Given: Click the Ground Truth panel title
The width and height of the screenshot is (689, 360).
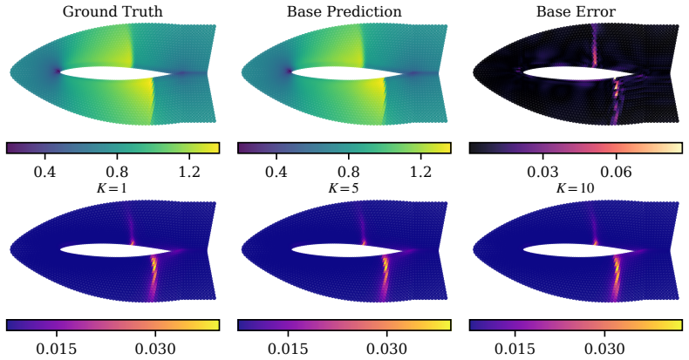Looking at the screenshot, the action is click(113, 11).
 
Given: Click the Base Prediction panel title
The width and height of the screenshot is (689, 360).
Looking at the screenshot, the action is click(344, 11).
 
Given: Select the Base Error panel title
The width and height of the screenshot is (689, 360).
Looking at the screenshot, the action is click(576, 11).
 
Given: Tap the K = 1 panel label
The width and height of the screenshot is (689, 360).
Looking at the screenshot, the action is click(112, 188).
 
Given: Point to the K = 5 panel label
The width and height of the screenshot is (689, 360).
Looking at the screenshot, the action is click(344, 188).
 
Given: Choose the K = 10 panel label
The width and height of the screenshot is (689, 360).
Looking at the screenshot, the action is click(576, 188).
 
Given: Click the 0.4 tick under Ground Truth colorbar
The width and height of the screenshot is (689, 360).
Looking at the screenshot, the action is click(44, 171).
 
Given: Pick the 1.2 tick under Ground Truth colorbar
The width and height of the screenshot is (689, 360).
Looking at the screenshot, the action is click(189, 171).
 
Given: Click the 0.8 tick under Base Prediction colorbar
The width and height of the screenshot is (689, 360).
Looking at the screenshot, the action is click(349, 171).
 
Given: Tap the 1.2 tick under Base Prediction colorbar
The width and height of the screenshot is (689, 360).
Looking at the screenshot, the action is click(420, 171).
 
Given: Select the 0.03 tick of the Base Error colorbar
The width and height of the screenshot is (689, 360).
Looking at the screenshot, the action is click(542, 171).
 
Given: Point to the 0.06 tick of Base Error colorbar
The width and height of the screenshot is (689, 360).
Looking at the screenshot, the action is click(616, 171).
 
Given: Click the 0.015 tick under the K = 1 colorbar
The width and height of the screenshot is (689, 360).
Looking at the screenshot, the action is click(56, 349).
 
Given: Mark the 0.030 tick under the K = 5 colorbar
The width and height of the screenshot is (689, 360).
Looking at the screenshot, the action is click(386, 349).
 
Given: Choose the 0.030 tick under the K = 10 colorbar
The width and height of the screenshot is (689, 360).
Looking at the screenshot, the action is click(604, 349).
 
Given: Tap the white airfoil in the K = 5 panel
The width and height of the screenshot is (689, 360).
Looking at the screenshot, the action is click(347, 250).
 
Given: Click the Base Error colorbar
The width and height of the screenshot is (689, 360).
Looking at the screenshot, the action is click(576, 148).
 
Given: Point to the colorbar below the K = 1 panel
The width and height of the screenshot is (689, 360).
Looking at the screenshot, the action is click(113, 325).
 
